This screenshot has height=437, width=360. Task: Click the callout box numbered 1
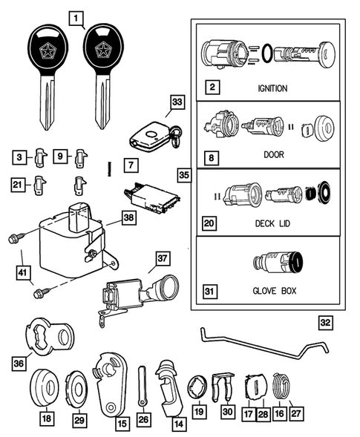[x=77, y=16]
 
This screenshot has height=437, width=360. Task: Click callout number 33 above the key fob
[x=175, y=103]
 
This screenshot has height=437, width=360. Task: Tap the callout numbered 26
[x=142, y=419]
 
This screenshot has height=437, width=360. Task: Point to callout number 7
[x=131, y=162]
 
